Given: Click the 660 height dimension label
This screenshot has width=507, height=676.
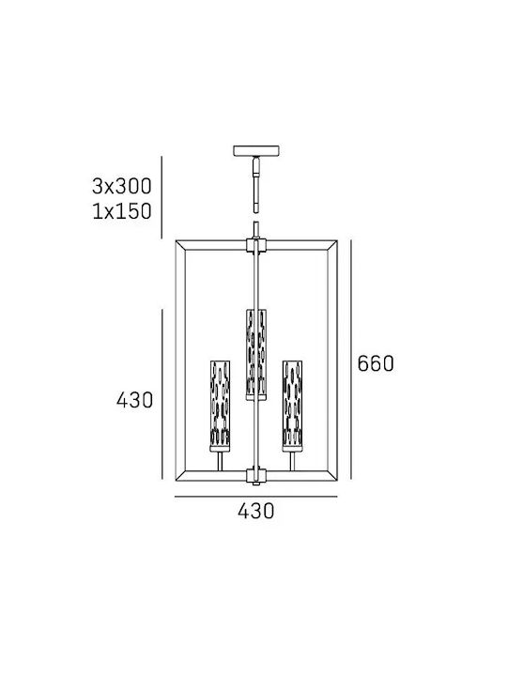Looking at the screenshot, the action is click(x=376, y=364).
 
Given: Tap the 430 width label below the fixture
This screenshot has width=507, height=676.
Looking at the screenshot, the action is click(x=255, y=511).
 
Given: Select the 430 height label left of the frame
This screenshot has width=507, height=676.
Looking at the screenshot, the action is click(x=134, y=401).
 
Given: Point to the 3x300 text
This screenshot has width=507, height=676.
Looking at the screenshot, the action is click(x=122, y=186).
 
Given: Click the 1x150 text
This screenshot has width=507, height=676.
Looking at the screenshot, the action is click(x=122, y=211).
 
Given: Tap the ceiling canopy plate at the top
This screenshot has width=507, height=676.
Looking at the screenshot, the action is click(x=256, y=150).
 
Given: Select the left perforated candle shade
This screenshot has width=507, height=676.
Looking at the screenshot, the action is click(x=220, y=406).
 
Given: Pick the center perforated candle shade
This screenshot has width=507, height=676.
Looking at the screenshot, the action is click(x=256, y=354).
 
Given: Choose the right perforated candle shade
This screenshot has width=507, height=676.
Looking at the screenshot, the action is click(x=292, y=406).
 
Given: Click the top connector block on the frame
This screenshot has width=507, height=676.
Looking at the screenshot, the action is click(x=256, y=244).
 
